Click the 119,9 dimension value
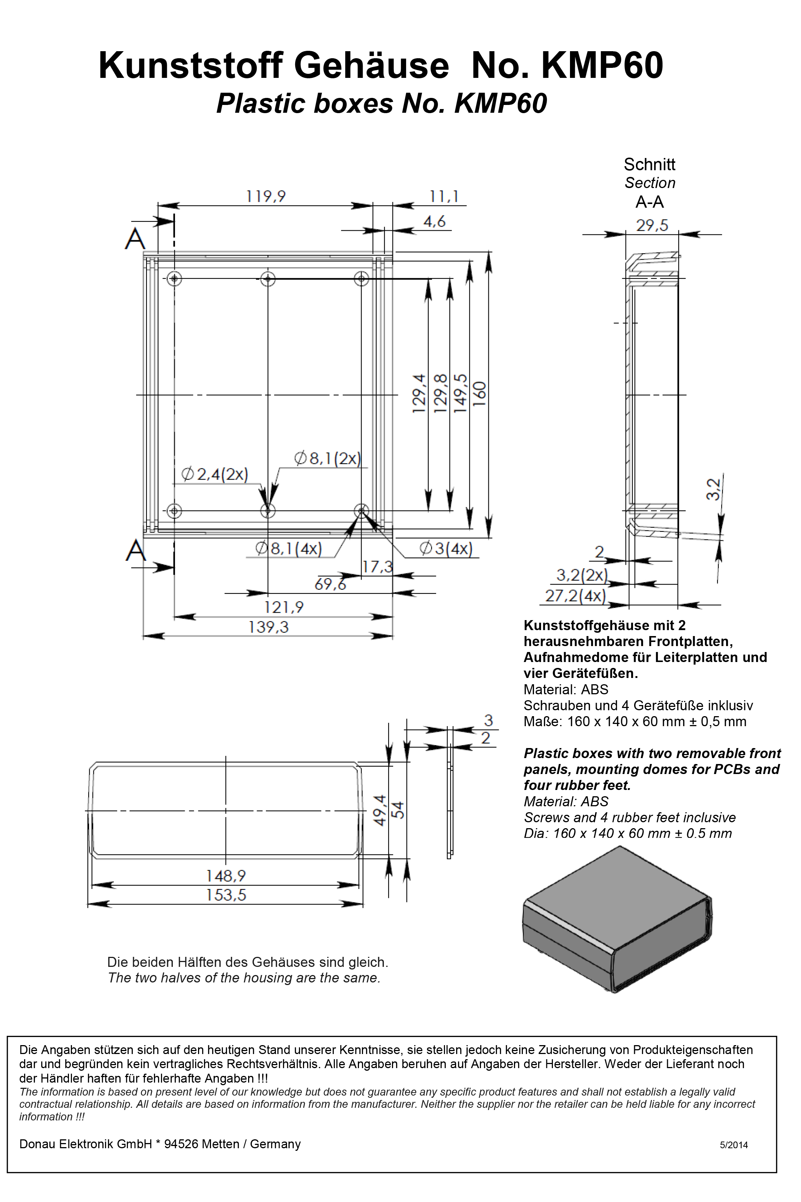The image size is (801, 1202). pyautogui.click(x=266, y=196)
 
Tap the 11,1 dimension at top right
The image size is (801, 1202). pyautogui.click(x=444, y=196)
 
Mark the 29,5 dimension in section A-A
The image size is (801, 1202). pyautogui.click(x=652, y=225)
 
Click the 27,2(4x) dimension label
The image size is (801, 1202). pyautogui.click(x=575, y=596)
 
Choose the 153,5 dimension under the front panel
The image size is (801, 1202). pyautogui.click(x=226, y=895)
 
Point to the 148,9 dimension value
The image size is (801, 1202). pyautogui.click(x=226, y=876)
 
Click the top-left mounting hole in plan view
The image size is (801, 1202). pyautogui.click(x=175, y=279)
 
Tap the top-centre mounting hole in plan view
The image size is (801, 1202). pyautogui.click(x=268, y=279)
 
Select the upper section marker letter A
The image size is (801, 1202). pyautogui.click(x=135, y=238)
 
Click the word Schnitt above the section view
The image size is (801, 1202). pyautogui.click(x=649, y=165)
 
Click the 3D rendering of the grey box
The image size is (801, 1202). pyautogui.click(x=617, y=919)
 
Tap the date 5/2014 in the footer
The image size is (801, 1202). pyautogui.click(x=734, y=1145)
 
